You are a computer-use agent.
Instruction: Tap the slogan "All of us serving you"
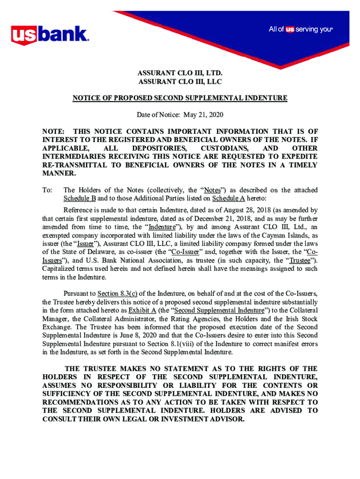(x=300, y=29)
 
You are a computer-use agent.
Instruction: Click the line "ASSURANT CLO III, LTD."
(x=180, y=73)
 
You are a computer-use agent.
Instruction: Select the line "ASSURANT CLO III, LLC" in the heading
(x=180, y=82)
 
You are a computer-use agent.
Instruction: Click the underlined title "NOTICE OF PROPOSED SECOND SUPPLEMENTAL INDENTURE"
(x=180, y=98)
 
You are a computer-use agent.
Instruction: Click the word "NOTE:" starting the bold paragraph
(x=53, y=132)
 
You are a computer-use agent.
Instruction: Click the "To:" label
(x=47, y=190)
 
